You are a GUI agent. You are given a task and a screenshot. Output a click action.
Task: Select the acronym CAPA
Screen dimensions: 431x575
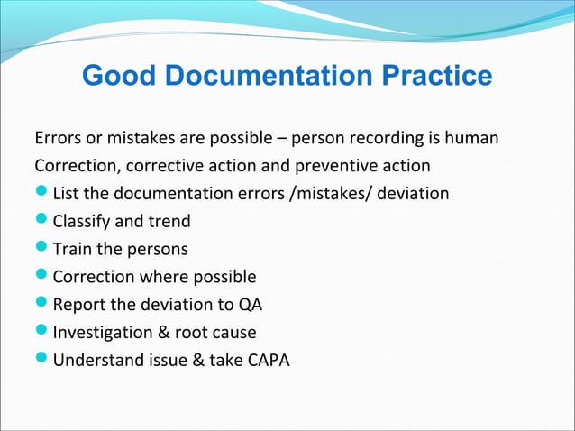pos(264,360)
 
